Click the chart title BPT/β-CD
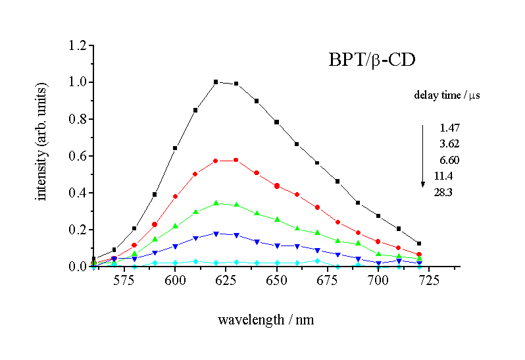tap(371, 61)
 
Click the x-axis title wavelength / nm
tap(266, 320)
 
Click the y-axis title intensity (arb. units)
tap(43, 142)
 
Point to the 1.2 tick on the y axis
tap(78, 45)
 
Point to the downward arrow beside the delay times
tap(423, 155)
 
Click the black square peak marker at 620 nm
tap(216, 82)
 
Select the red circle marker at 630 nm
tap(236, 160)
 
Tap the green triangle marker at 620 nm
tap(216, 203)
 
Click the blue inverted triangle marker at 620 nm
tap(216, 234)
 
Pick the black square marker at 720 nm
tap(419, 244)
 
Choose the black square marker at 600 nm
tap(175, 148)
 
